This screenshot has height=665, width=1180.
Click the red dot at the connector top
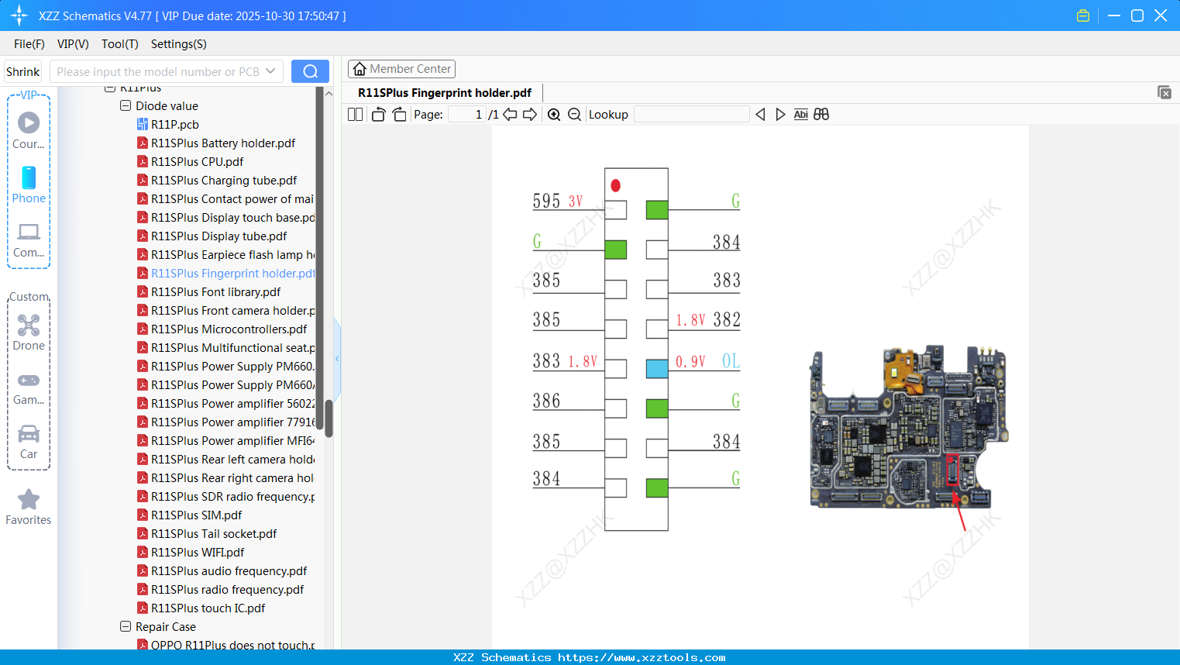(x=615, y=185)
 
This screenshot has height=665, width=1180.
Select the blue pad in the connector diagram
(x=656, y=368)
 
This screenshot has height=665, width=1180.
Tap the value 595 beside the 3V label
(x=546, y=202)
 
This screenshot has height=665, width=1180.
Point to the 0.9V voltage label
(x=690, y=362)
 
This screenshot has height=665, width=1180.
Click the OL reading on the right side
(x=731, y=361)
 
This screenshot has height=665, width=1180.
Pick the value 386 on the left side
(x=546, y=401)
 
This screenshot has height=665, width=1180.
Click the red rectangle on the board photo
(x=952, y=470)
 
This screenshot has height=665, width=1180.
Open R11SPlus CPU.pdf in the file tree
(x=197, y=162)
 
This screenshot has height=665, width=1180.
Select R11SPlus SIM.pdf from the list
(x=196, y=515)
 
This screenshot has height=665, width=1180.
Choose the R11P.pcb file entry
(x=174, y=125)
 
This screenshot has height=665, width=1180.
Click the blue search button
(x=310, y=71)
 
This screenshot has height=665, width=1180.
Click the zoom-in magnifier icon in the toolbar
(x=554, y=115)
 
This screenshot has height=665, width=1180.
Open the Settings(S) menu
(x=178, y=44)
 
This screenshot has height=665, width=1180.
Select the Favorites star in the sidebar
(x=29, y=500)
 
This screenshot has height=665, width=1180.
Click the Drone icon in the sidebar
(x=29, y=326)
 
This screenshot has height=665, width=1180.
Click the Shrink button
(x=22, y=71)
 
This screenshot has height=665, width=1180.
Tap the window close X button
(x=1161, y=16)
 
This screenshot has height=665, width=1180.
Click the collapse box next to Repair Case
(x=126, y=626)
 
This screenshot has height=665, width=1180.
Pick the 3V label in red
(x=576, y=202)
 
